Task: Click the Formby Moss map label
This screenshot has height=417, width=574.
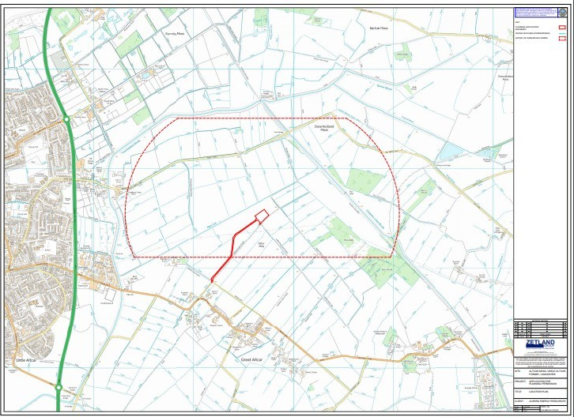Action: (175, 34)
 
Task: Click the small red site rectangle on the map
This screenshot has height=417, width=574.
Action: (261, 213)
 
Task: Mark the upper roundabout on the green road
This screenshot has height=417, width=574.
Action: (67, 118)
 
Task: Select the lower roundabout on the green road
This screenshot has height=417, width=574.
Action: (59, 386)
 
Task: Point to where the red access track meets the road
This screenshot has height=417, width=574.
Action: (213, 279)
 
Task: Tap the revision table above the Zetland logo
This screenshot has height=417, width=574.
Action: (540, 328)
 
